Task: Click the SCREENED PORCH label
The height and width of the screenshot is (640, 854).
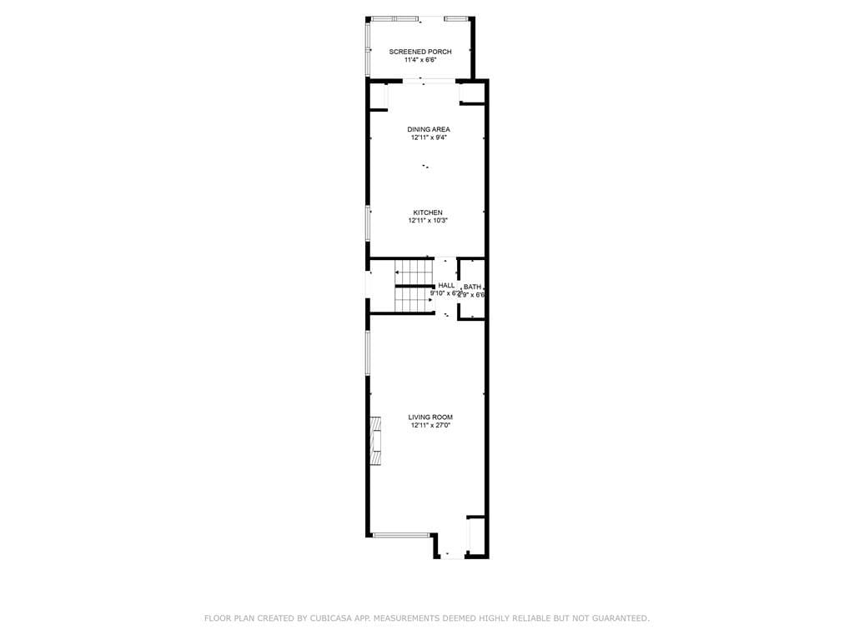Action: [x=420, y=52]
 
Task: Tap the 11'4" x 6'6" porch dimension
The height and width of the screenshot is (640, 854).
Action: [x=420, y=60]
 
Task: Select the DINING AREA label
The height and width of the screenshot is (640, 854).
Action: [x=429, y=129]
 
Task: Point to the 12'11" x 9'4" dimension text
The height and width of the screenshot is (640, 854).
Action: [x=429, y=137]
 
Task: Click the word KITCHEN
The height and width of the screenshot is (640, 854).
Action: [x=428, y=212]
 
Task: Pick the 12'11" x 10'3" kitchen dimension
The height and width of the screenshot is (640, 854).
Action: [x=428, y=221]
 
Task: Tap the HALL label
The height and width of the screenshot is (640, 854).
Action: [x=446, y=286]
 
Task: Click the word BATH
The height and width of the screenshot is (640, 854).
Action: [x=472, y=287]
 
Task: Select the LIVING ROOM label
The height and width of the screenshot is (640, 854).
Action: [x=430, y=417]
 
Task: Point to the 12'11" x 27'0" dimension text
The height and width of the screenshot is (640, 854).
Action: [x=430, y=425]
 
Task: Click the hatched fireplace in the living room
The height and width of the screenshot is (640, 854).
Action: [x=378, y=440]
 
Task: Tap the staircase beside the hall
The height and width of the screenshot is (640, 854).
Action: [x=414, y=285]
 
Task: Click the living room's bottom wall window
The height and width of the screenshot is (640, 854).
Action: [x=400, y=535]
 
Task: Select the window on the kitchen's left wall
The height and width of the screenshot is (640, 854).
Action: [x=368, y=223]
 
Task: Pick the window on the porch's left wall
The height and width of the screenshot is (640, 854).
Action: [x=368, y=48]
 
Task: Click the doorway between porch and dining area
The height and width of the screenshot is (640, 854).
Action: [x=429, y=81]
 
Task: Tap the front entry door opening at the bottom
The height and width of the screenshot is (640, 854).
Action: [x=451, y=556]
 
